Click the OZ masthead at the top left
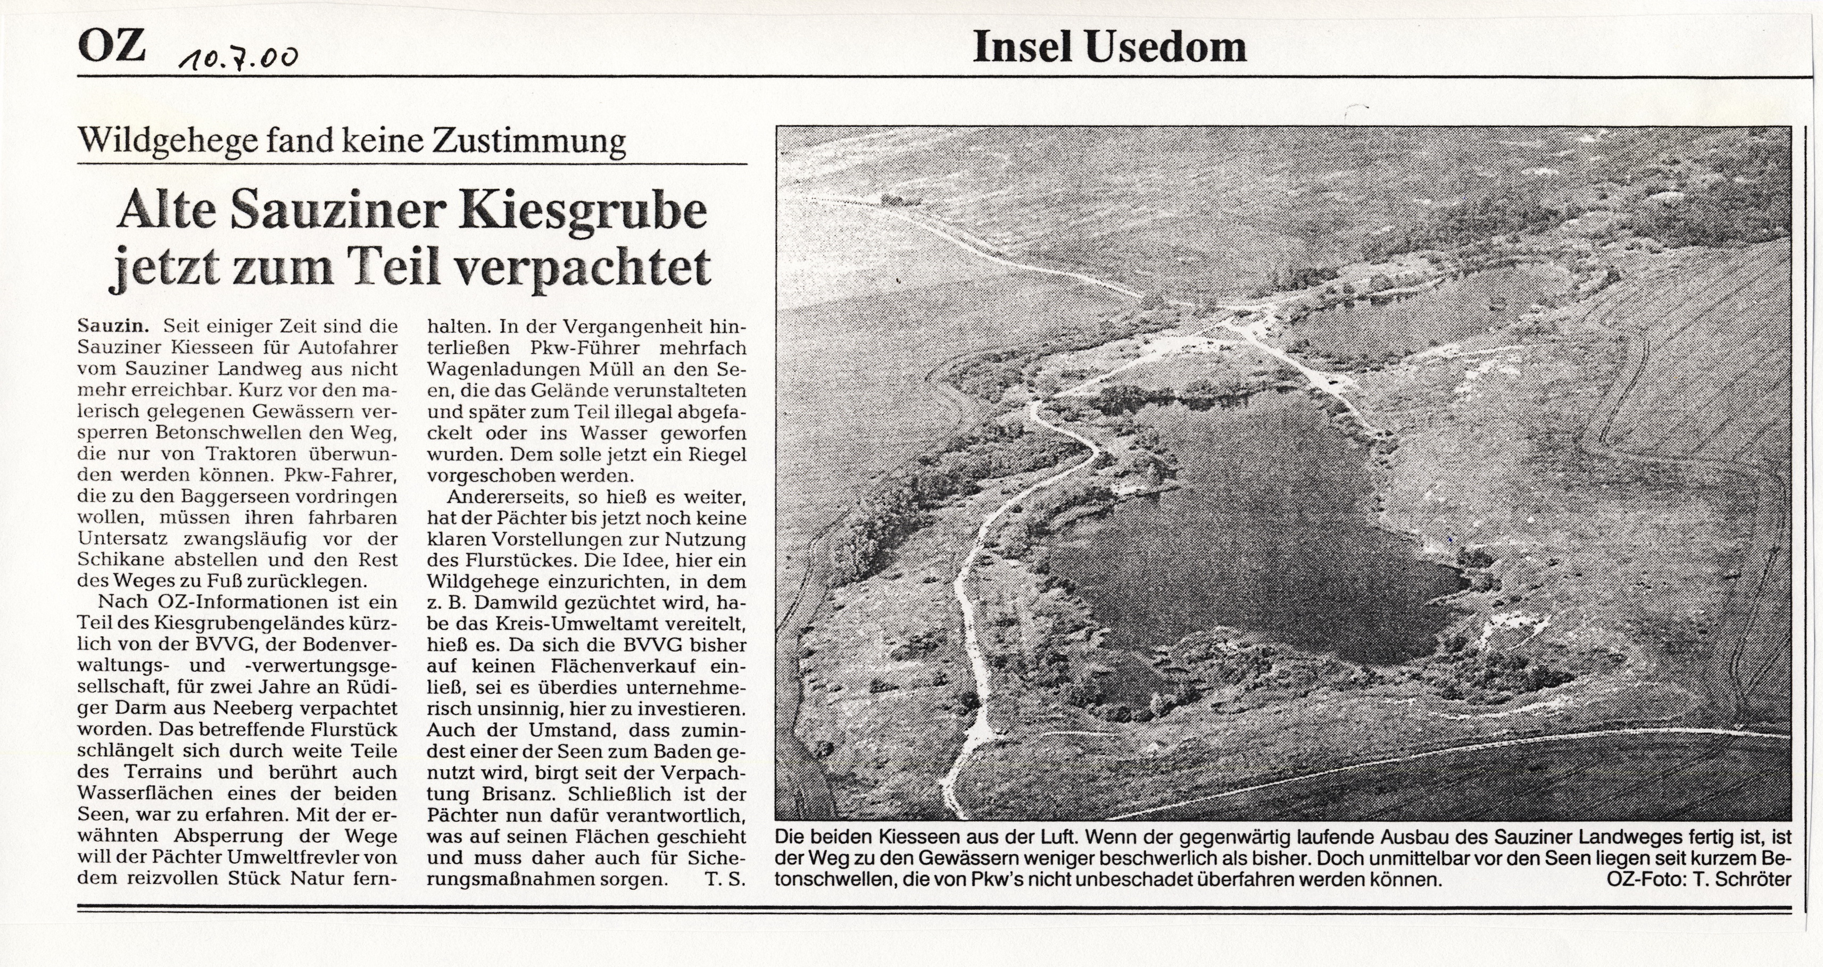click(112, 47)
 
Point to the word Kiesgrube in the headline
click(583, 210)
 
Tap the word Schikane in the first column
click(121, 560)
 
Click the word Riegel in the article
click(714, 454)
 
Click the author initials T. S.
click(725, 879)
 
